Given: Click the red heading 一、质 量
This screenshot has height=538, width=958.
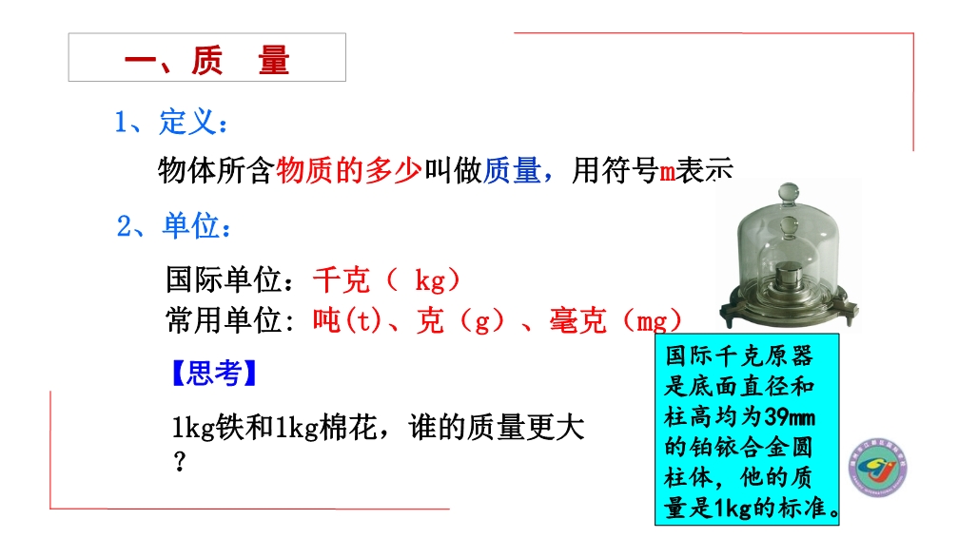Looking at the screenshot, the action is (x=206, y=61).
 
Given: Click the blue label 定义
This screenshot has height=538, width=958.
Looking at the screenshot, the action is (x=188, y=122).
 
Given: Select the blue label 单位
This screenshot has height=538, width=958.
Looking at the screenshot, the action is (x=190, y=225).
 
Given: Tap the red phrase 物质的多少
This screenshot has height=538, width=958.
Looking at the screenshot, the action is (x=349, y=170).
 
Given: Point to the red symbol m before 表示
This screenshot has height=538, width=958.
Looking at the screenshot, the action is (x=667, y=172).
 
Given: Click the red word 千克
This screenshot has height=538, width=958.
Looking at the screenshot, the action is (x=342, y=280).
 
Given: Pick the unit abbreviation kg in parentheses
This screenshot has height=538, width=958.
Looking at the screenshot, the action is (x=430, y=280).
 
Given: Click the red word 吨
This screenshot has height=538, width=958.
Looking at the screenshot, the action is (x=327, y=320).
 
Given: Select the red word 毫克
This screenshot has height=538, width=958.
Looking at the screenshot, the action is (x=578, y=320).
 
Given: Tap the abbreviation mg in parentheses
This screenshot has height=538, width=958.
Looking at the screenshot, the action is (x=652, y=322).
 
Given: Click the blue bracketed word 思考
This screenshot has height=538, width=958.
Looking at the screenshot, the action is (x=214, y=374).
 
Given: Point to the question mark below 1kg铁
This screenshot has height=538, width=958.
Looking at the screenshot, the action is (x=179, y=461).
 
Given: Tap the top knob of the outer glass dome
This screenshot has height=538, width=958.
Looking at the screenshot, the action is (x=788, y=192).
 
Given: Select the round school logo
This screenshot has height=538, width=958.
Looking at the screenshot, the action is (x=879, y=467).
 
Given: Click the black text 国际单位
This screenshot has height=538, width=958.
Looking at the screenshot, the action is (x=224, y=280).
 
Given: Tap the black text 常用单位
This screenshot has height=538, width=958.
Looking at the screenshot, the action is (x=224, y=320).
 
